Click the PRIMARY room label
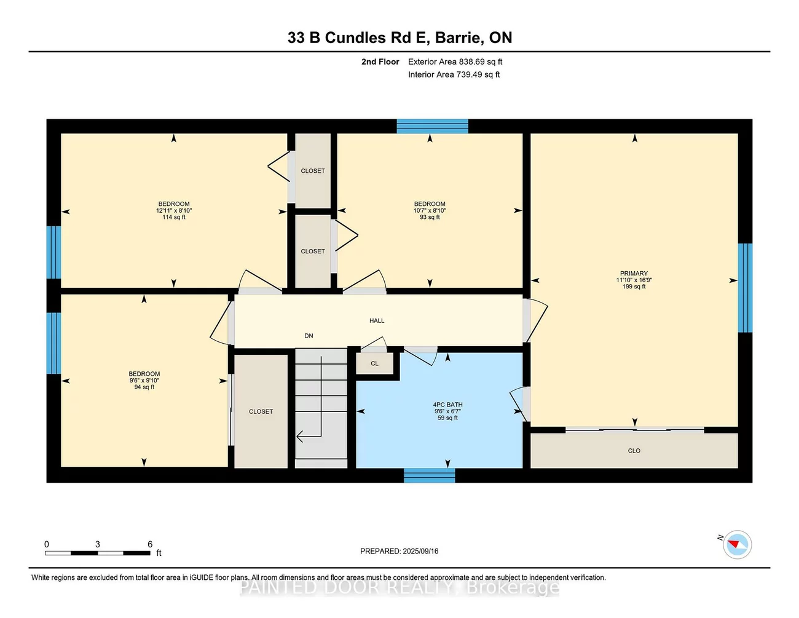(x=634, y=274)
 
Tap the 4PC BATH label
(x=447, y=405)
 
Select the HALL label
(x=377, y=320)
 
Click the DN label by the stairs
(x=309, y=336)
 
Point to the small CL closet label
(x=374, y=363)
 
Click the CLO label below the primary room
(x=634, y=451)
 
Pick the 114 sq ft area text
(x=174, y=217)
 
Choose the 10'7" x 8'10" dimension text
(x=430, y=210)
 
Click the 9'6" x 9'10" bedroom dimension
(x=144, y=381)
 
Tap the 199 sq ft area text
(x=634, y=287)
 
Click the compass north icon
(x=736, y=544)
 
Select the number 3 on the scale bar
(x=98, y=544)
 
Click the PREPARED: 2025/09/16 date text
(x=399, y=551)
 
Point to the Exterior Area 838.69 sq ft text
(x=455, y=61)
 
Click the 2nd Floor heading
(x=380, y=61)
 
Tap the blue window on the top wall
(x=432, y=126)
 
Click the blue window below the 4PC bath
(x=429, y=475)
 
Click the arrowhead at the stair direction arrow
(x=299, y=437)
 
